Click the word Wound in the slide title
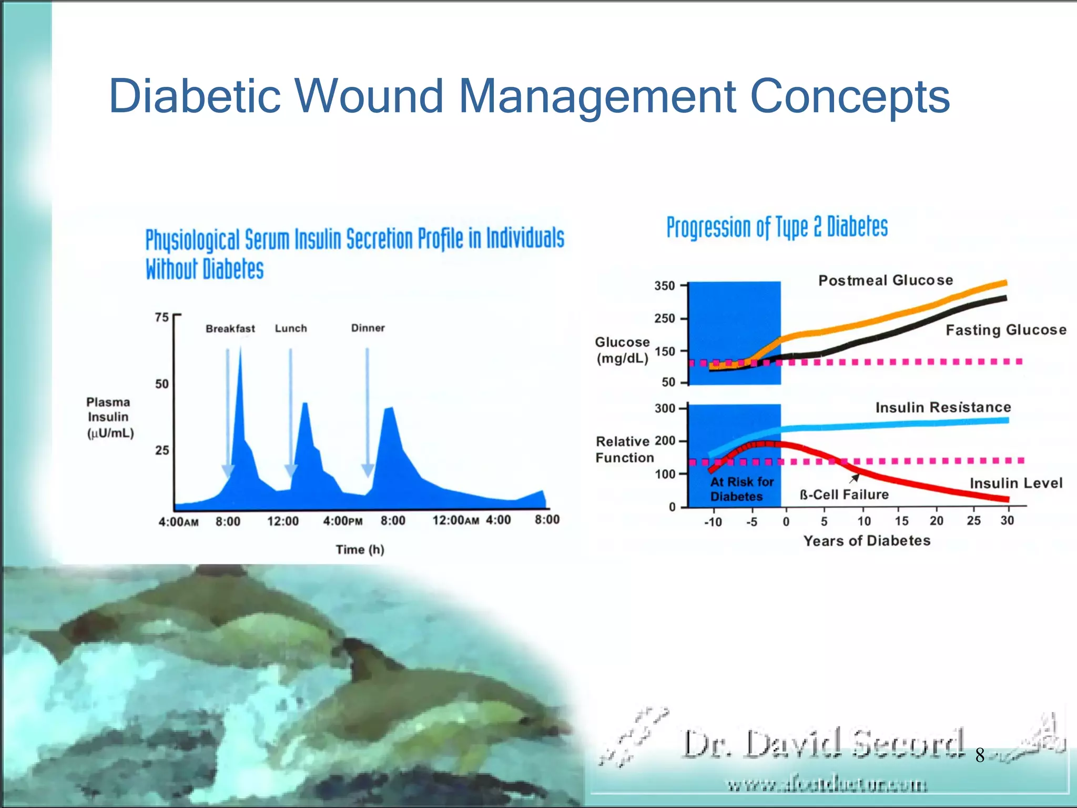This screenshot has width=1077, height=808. pos(370,96)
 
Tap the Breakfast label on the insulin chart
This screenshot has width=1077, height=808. pos(230,329)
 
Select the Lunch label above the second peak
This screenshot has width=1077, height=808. pos(291,328)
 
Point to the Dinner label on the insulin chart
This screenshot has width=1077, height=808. pos(368,328)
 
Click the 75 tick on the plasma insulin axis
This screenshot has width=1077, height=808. pos(161,317)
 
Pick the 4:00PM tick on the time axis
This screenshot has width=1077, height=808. pos(342,521)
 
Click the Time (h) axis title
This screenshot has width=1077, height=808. pos(360,550)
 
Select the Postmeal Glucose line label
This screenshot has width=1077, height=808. pos(886,280)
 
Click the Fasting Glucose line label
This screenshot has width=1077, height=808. pos(1005,330)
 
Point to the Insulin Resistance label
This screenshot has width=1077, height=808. pos(943,407)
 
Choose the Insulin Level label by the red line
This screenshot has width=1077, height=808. pos(1015,483)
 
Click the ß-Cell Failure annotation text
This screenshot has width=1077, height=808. pos(844,494)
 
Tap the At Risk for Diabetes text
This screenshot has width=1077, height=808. pos(741,489)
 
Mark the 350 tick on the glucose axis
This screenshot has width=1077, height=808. pos(664,286)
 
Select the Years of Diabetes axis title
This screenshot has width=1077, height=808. pos(867,541)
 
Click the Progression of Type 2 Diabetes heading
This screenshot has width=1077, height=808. pos(777,227)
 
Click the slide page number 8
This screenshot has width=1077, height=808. pos(980,755)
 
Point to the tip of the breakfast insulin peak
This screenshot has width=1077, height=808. pos(240,348)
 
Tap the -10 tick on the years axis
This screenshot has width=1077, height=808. pos(713,522)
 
